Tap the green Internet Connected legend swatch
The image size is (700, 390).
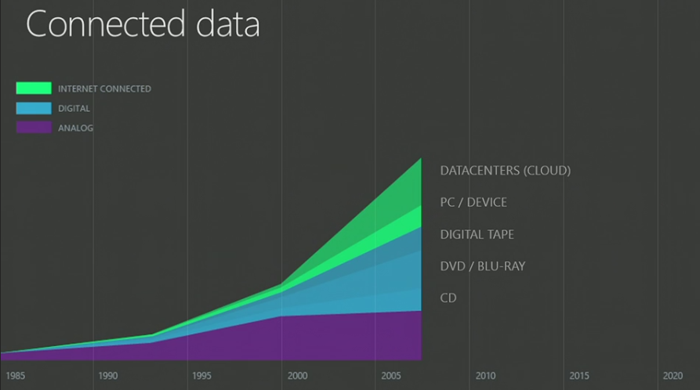pyautogui.click(x=34, y=88)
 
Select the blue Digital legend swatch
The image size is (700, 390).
pyautogui.click(x=34, y=108)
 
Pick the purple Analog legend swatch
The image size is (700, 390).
pyautogui.click(x=34, y=128)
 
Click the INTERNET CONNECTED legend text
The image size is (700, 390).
pyautogui.click(x=104, y=89)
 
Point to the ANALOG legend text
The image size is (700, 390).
pyautogui.click(x=75, y=128)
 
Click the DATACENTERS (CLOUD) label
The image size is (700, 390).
pyautogui.click(x=505, y=170)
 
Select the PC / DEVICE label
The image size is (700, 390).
pyautogui.click(x=473, y=202)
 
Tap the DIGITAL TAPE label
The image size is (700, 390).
pyautogui.click(x=477, y=234)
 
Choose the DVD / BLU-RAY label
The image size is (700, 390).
pyautogui.click(x=482, y=266)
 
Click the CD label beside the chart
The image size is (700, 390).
pyautogui.click(x=448, y=298)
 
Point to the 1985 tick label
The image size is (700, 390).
pyautogui.click(x=15, y=376)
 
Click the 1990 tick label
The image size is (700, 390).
pyautogui.click(x=107, y=376)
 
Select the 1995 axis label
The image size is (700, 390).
pyautogui.click(x=202, y=376)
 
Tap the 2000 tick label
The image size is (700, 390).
pyautogui.click(x=297, y=376)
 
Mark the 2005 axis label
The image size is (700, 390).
pyautogui.click(x=391, y=376)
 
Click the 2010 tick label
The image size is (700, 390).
pyautogui.click(x=485, y=376)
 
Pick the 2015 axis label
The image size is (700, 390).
pyautogui.click(x=579, y=376)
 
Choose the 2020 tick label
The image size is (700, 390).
pyautogui.click(x=673, y=376)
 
